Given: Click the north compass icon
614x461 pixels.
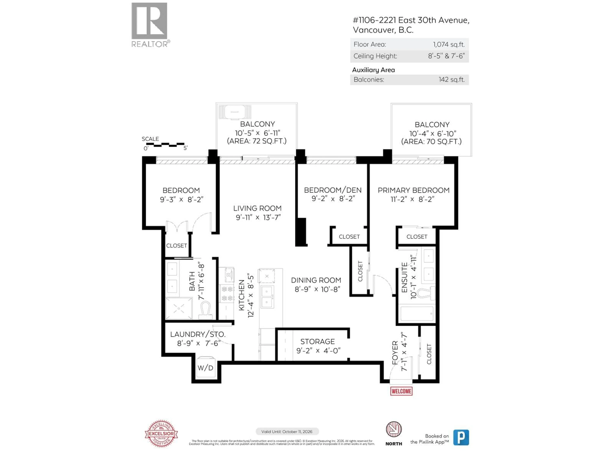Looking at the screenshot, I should (394, 429).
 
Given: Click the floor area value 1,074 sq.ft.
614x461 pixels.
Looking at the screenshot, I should (449, 44).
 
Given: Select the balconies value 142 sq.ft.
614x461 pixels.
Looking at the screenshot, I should (451, 80).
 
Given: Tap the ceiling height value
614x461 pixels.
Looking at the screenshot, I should (446, 56).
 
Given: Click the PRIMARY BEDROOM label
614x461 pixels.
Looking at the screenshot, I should (413, 190).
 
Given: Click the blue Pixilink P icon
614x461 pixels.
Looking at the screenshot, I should (461, 437).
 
